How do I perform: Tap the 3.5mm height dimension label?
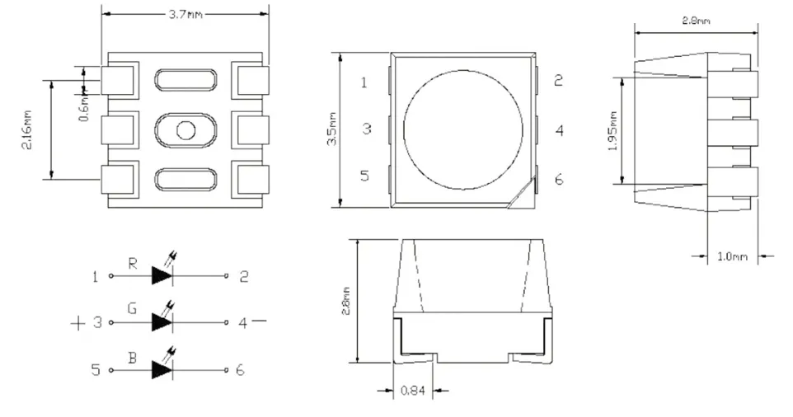click(x=331, y=130)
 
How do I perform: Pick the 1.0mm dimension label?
click(x=731, y=256)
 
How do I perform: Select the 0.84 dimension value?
click(x=412, y=391)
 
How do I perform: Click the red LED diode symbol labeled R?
click(x=162, y=277)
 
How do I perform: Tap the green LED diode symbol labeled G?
click(x=162, y=322)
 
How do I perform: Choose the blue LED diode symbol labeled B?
click(x=162, y=370)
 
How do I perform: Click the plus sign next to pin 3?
click(x=78, y=323)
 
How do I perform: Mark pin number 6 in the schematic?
click(x=240, y=370)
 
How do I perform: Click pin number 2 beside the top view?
click(x=558, y=80)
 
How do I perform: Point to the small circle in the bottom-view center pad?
click(x=185, y=129)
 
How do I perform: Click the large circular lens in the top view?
click(x=462, y=131)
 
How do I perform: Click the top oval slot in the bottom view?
click(x=185, y=80)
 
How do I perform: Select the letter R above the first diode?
click(x=132, y=264)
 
